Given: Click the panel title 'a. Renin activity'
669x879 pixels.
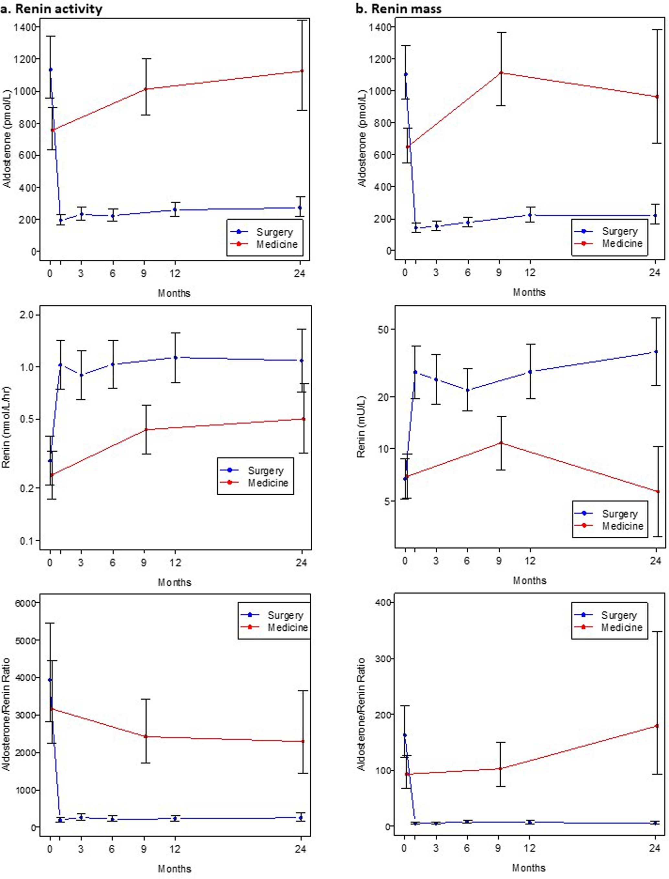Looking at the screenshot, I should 52,9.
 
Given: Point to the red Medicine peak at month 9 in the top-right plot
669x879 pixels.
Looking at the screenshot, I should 501,73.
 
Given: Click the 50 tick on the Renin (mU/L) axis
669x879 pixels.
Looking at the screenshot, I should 384,330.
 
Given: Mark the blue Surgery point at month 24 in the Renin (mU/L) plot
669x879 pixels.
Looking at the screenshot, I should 656,352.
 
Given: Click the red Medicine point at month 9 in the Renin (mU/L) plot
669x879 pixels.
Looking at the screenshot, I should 501,443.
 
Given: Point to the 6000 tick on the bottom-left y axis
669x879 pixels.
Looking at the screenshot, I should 25,603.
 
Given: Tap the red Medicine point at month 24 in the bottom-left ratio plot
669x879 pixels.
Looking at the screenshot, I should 303,742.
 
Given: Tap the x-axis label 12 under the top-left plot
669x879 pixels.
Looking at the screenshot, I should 175,273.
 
